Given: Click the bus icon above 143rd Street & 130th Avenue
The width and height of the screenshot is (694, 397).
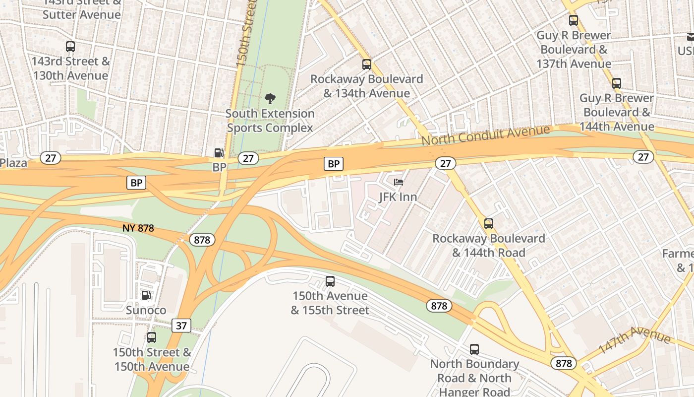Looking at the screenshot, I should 70,47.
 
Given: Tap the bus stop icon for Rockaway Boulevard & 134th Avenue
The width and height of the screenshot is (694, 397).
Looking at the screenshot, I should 367,64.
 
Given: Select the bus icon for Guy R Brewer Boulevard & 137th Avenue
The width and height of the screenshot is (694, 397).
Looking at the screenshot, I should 574,20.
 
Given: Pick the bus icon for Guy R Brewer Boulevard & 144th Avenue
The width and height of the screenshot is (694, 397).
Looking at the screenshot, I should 617,83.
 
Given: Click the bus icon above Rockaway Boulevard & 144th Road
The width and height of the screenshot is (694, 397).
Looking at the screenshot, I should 489,224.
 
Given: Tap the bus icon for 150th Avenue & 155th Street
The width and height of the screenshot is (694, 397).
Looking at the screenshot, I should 330,281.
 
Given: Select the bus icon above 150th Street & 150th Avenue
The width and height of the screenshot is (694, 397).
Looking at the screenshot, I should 152,337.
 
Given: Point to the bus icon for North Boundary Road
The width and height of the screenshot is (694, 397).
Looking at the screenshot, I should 474,349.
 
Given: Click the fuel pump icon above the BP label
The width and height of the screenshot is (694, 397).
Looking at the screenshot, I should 219,153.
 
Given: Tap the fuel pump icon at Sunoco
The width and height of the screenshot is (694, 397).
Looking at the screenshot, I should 146,295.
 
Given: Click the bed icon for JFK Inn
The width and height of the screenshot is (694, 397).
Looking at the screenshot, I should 399,182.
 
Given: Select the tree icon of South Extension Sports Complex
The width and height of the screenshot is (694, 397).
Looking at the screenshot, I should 270,98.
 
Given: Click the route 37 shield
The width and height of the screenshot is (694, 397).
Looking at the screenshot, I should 181,326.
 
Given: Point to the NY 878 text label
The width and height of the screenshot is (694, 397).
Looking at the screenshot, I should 138,228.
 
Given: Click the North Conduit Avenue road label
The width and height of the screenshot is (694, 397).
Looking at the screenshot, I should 486,134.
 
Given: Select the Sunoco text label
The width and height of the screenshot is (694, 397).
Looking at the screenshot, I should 146,310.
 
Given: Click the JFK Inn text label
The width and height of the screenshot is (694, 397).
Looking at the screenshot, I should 398,197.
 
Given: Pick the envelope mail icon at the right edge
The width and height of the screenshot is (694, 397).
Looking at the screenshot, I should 691,37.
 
